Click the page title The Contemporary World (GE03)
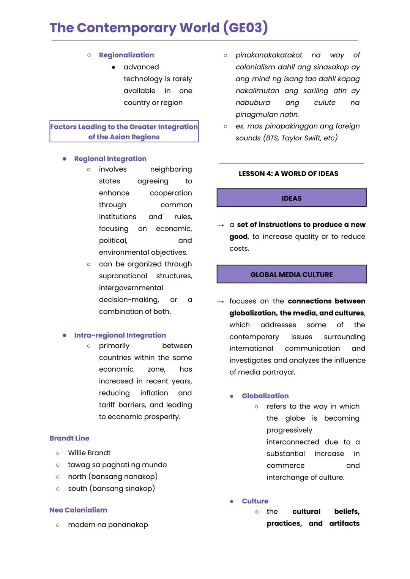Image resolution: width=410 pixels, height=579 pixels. click(x=159, y=28)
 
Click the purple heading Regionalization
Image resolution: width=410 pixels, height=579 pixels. click(x=126, y=55)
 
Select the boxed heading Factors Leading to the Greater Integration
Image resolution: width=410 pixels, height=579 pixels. click(x=124, y=132)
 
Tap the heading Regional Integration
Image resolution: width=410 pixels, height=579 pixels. click(x=110, y=159)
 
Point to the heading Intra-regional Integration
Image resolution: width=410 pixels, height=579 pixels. click(x=120, y=335)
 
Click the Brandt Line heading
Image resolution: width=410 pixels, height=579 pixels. click(x=69, y=438)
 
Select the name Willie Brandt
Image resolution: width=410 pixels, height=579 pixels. click(x=89, y=453)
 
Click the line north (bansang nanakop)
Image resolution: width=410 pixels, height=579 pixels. click(x=113, y=476)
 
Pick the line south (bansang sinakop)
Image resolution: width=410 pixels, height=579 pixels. click(x=111, y=488)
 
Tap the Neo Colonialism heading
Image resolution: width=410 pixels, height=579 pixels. click(x=78, y=510)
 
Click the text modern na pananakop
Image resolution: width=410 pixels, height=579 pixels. click(x=108, y=525)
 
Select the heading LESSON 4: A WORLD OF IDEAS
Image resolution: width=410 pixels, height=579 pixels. click(x=288, y=174)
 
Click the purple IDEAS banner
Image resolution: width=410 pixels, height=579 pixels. click(x=292, y=198)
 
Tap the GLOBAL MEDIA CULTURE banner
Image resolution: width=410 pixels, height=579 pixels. click(x=292, y=275)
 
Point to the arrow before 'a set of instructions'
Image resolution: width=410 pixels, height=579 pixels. click(x=221, y=225)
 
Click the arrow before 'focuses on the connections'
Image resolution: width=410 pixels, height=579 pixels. click(x=221, y=301)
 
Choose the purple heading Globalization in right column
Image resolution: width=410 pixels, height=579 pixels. click(x=265, y=396)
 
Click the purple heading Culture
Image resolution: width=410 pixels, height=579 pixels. click(x=255, y=501)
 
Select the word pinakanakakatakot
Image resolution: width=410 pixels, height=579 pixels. click(x=269, y=55)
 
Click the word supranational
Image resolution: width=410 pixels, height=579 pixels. click(x=123, y=276)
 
